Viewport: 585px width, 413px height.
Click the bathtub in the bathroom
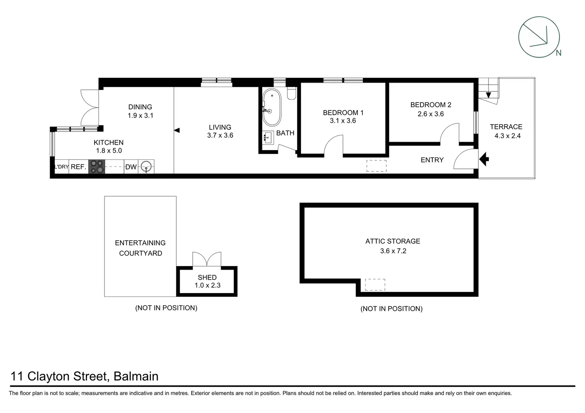click(x=272, y=107)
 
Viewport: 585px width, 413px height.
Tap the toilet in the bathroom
click(x=291, y=93)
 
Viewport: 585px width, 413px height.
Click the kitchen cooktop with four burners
click(x=97, y=167)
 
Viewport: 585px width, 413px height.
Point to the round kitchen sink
click(x=147, y=167)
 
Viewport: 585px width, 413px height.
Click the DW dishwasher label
click(x=131, y=167)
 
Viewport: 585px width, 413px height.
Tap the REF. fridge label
click(x=79, y=167)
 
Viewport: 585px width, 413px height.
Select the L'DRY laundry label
click(x=61, y=167)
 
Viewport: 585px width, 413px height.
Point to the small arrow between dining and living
click(x=177, y=130)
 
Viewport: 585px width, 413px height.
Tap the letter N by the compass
click(x=558, y=53)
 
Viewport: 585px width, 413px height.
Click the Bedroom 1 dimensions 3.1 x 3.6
click(x=343, y=121)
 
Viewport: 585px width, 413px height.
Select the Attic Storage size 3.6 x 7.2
click(x=393, y=251)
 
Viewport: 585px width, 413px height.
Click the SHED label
click(x=207, y=277)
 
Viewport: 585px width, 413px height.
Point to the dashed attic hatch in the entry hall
click(x=376, y=166)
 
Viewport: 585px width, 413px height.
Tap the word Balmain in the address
click(x=136, y=376)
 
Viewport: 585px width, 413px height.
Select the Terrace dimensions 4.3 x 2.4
click(x=508, y=136)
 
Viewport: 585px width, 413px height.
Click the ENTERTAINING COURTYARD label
click(x=140, y=248)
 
